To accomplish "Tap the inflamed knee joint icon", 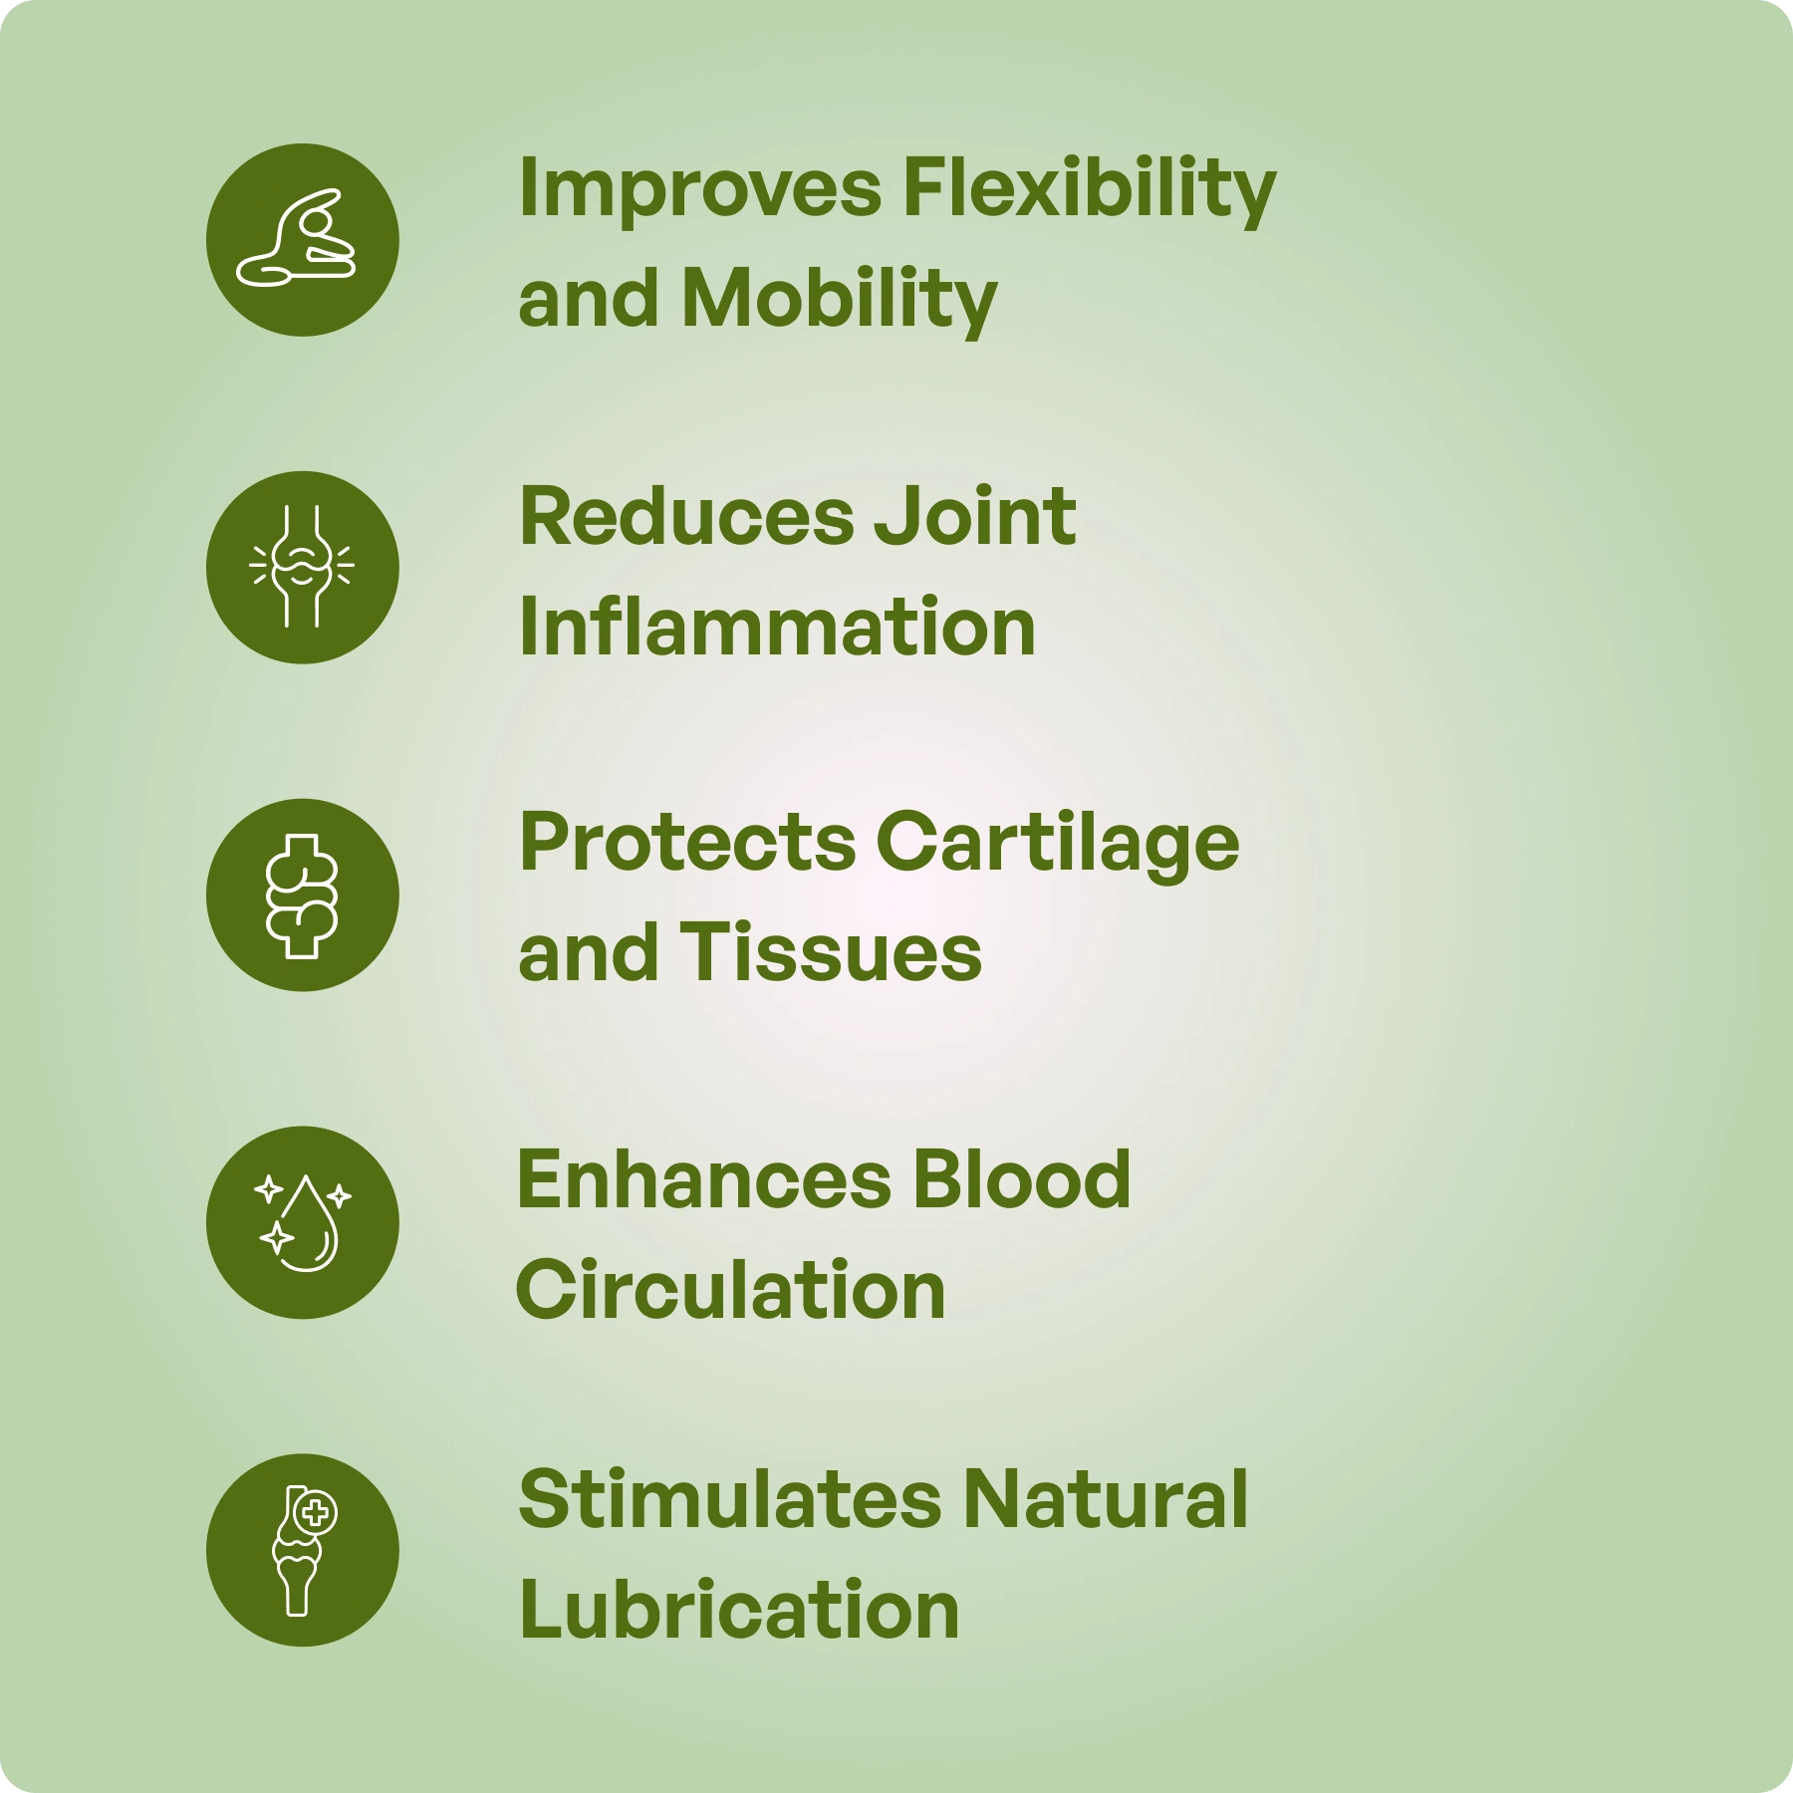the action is tap(302, 567).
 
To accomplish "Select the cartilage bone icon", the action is tap(302, 896).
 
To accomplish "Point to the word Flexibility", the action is tap(1089, 190).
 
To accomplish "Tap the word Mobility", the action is tap(839, 300).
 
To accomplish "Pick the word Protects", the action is tap(687, 843).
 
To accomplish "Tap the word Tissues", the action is tap(831, 952).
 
